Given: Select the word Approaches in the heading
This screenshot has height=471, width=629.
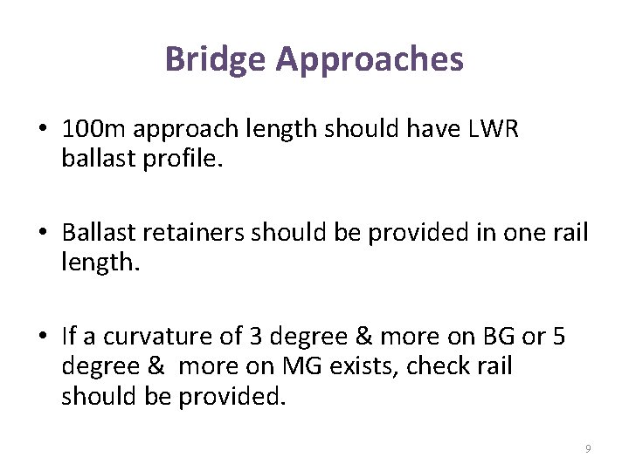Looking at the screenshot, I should coord(370,60).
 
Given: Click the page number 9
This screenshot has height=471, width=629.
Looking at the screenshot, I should coord(587,448).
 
